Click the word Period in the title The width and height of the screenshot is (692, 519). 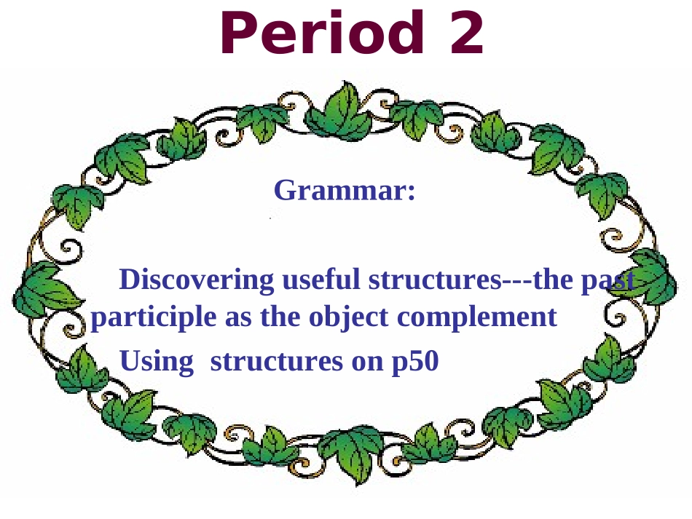321,34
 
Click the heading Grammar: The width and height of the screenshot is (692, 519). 345,191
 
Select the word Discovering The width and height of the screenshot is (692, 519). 197,280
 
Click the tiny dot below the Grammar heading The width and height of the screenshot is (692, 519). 270,218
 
